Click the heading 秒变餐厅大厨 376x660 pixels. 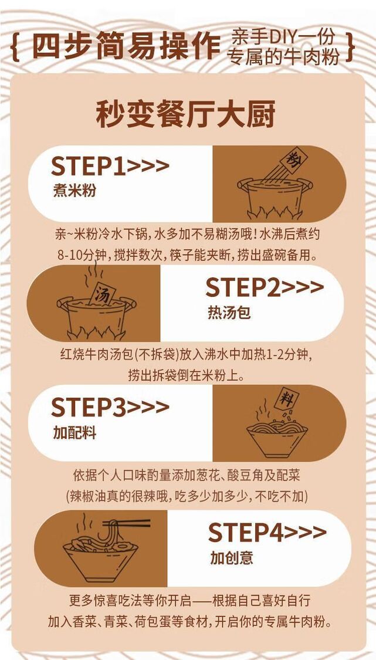[186, 114]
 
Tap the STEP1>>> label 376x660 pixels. [110, 167]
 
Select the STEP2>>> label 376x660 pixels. [265, 288]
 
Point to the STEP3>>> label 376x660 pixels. [110, 407]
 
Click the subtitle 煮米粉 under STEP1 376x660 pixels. [74, 191]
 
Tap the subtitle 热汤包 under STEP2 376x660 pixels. [229, 312]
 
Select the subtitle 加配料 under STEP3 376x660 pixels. [74, 432]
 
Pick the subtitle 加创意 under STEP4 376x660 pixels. [232, 558]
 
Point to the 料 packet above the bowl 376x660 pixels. [286, 398]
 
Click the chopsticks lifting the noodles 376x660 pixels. [127, 524]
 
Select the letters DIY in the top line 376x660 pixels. [285, 38]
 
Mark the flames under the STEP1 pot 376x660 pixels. [275, 212]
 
